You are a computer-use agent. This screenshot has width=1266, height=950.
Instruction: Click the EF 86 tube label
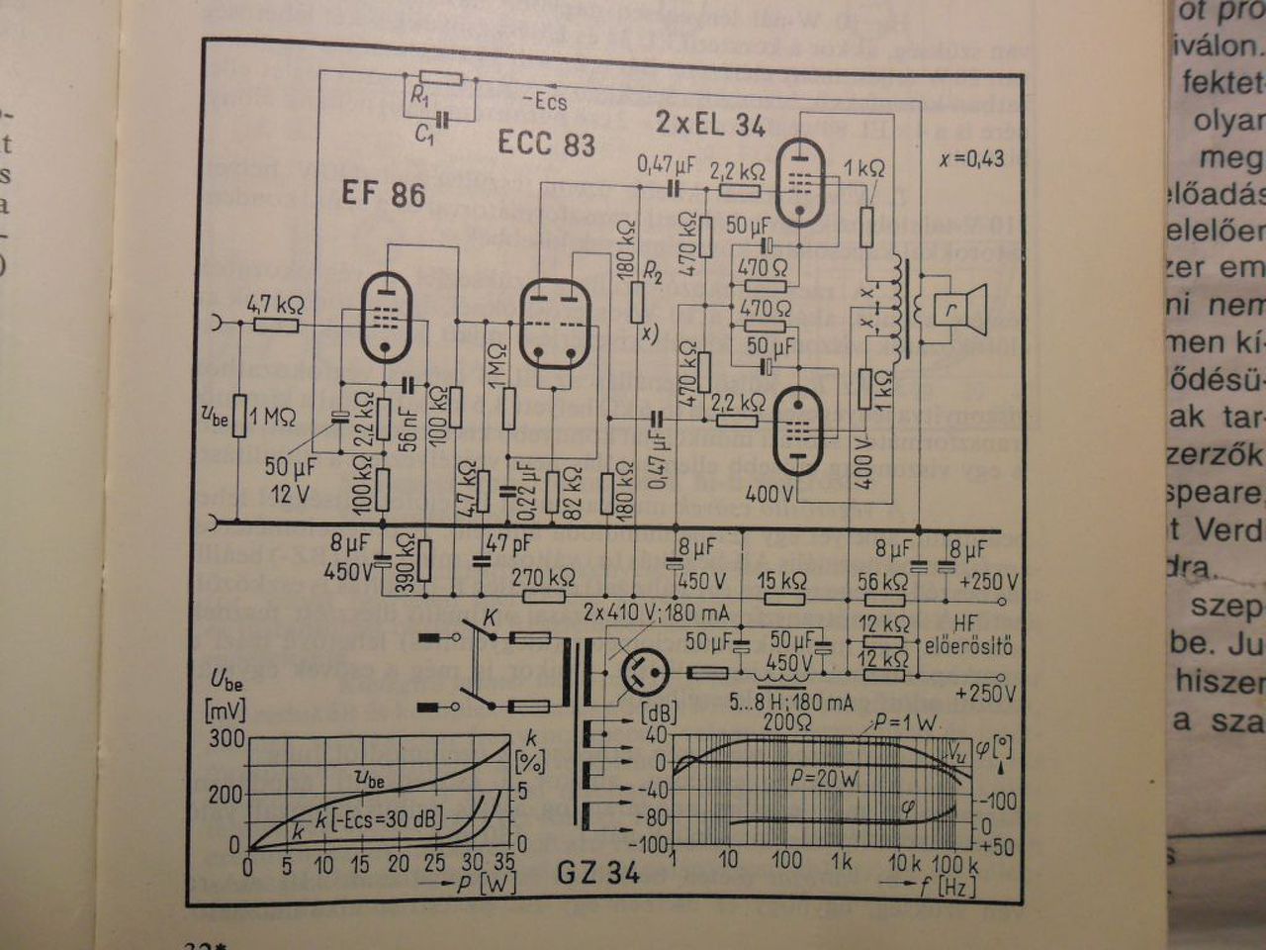[x=384, y=192]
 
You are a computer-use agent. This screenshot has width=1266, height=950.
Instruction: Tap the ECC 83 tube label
[x=546, y=144]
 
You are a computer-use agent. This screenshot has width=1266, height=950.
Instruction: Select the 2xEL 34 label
[x=710, y=125]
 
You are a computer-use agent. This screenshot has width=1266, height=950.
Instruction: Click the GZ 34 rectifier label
[x=598, y=872]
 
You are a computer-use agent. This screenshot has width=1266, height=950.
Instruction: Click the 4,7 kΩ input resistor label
[x=276, y=304]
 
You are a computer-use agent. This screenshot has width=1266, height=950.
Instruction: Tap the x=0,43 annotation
[x=971, y=159]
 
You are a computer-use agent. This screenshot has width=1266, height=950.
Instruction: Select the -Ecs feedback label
[x=544, y=101]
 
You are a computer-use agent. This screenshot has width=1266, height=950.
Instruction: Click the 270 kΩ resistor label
[x=544, y=577]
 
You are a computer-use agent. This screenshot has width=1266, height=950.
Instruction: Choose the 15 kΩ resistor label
[x=781, y=580]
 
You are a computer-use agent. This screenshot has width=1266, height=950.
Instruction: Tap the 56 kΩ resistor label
[x=882, y=582]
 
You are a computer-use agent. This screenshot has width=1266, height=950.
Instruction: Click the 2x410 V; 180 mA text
[x=657, y=612]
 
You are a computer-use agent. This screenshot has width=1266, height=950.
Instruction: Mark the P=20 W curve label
[x=824, y=778]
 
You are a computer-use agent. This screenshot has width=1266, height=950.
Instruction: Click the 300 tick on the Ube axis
[x=226, y=738]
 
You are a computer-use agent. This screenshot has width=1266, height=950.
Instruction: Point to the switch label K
[x=488, y=617]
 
